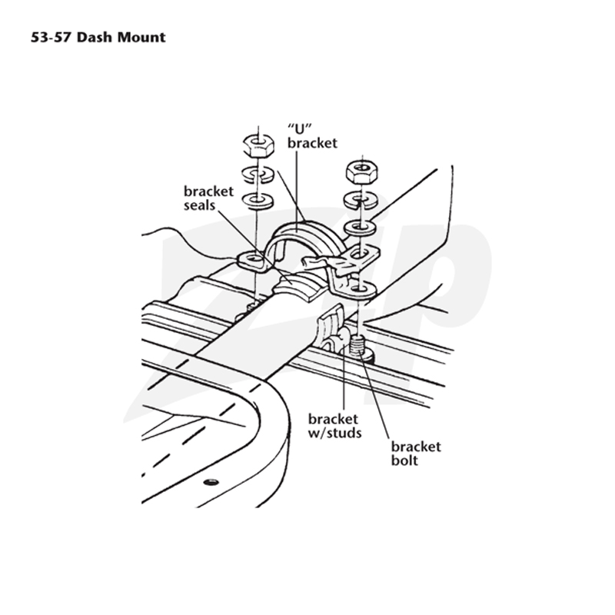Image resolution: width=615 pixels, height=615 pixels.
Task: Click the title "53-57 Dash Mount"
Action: [x=98, y=37]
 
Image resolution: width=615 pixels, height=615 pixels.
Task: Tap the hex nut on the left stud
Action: [x=258, y=145]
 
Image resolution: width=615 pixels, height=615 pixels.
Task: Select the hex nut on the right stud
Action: [x=361, y=171]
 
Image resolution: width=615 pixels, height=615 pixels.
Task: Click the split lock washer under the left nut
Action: [x=258, y=174]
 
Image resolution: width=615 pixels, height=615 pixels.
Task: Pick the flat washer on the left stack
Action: [x=258, y=200]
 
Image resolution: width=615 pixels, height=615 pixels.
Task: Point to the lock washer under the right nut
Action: [x=361, y=200]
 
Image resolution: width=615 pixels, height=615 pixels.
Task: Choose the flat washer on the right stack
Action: [x=360, y=227]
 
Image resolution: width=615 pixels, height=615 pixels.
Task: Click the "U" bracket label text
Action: [x=312, y=136]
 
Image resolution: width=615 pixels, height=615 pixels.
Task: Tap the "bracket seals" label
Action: [x=208, y=198]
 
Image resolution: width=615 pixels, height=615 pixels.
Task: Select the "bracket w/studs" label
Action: [x=334, y=426]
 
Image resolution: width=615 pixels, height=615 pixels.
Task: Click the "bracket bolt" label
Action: [x=416, y=454]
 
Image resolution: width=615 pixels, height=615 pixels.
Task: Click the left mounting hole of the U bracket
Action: [x=254, y=259]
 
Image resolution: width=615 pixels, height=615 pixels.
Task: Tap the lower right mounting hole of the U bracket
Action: [x=359, y=290]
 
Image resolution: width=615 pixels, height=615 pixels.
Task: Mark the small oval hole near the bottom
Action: [x=211, y=482]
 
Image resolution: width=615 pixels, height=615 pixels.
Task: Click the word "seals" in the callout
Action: [x=199, y=205]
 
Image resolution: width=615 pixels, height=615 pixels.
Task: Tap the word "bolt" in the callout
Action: [x=404, y=460]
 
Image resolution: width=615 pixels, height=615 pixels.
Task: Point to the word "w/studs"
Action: [x=334, y=433]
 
